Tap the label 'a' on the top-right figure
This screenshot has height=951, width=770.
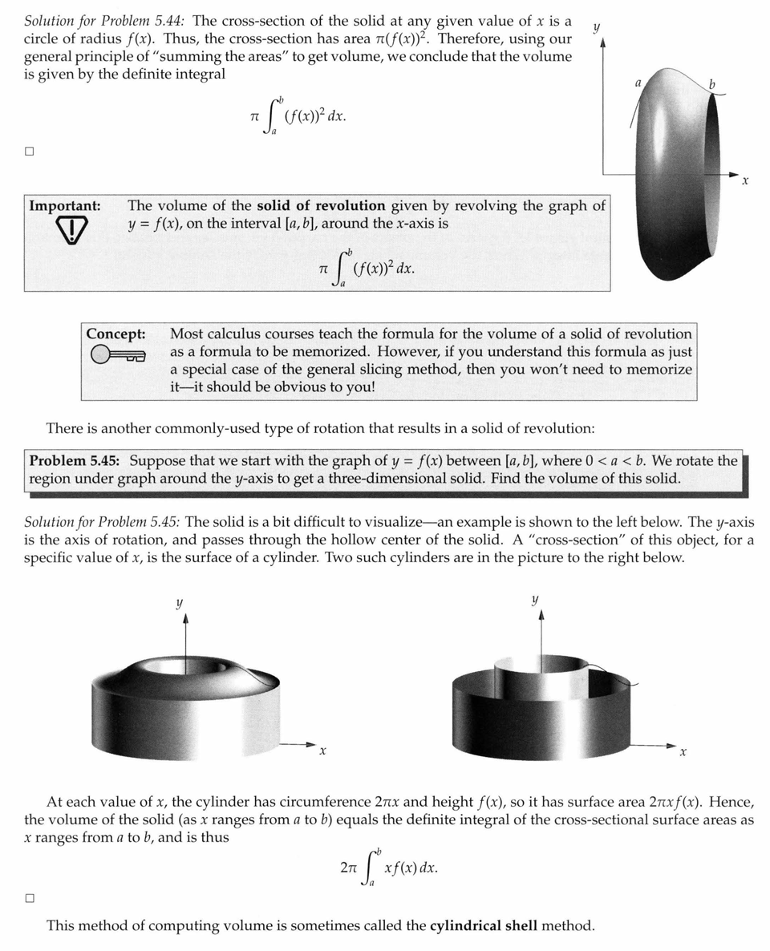pos(638,82)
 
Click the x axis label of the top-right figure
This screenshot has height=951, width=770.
pos(745,182)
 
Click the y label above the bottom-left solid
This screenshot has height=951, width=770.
pos(178,603)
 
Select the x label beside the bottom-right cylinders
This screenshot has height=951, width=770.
pos(683,753)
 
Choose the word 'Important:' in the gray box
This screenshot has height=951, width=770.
pos(64,206)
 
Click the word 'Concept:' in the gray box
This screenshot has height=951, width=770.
pos(115,334)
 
